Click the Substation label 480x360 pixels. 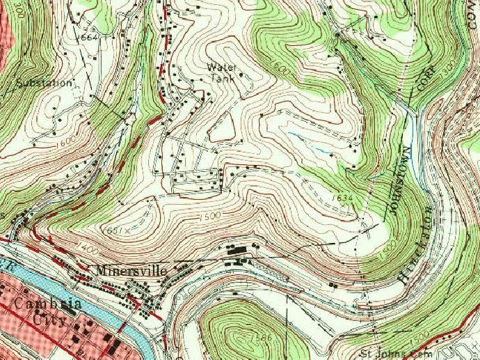point(44,82)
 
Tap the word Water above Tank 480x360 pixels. point(222,68)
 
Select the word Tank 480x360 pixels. point(221,78)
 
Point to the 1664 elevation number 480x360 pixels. point(89,36)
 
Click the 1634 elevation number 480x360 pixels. point(343,198)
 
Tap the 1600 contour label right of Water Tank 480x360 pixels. point(281,70)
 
